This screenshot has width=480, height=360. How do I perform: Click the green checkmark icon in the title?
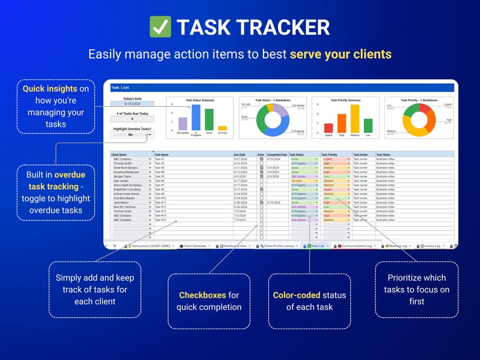point(160,27)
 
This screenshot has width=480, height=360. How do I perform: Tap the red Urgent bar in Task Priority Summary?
point(328,127)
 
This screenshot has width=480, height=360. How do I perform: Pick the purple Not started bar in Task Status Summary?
point(183,124)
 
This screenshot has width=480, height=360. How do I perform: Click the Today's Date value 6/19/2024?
point(132,104)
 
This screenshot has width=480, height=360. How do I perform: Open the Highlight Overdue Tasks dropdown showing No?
point(132,135)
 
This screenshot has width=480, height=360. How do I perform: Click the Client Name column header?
point(119,155)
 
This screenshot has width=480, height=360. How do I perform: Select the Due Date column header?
point(240,155)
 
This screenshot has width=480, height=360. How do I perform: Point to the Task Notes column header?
point(384,155)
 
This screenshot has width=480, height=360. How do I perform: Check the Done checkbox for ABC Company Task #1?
point(261,159)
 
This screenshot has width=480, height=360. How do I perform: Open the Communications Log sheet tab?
point(356,246)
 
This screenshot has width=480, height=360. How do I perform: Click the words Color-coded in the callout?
point(296,295)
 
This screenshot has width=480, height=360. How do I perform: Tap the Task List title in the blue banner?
point(118,87)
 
